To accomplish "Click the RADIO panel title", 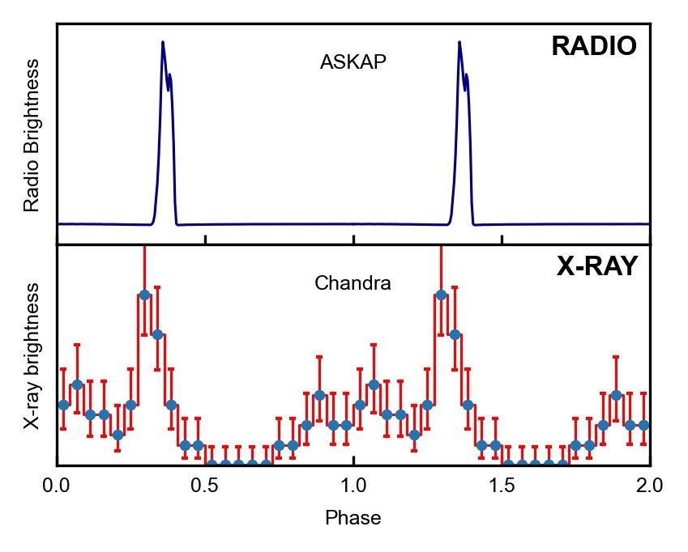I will tap(594, 47).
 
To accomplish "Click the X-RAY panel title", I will tap(597, 266).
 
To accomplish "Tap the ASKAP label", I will tap(353, 62).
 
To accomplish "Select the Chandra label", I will tap(353, 283).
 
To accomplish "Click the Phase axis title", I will tap(353, 518).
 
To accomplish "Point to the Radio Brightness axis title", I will tap(32, 135).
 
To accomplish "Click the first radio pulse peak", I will tap(163, 43).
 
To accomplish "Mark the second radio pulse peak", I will tap(459, 43).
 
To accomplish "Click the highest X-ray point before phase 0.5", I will tap(144, 295).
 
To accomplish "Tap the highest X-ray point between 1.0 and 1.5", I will tap(441, 295).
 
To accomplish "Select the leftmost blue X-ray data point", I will tap(63, 404).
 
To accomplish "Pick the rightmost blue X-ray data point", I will tap(643, 425).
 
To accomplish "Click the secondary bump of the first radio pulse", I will tap(170, 76).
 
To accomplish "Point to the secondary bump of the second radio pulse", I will tap(467, 76).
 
